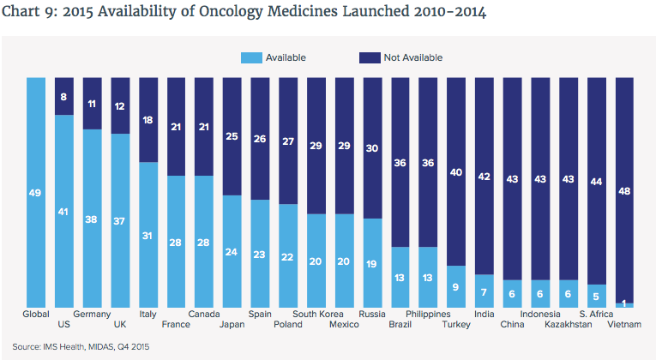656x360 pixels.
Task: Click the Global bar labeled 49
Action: click(x=36, y=193)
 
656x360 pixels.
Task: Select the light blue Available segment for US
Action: click(x=64, y=210)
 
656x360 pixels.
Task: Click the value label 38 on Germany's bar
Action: click(x=92, y=219)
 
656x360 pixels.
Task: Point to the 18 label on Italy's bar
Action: click(x=148, y=120)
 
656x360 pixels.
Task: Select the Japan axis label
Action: click(x=232, y=325)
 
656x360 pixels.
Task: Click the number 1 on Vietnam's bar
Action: click(x=625, y=301)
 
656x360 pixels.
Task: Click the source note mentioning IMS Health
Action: click(x=75, y=346)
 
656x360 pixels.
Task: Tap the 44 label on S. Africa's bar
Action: click(x=597, y=182)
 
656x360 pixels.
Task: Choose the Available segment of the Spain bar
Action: click(x=260, y=254)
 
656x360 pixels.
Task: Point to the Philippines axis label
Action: click(x=428, y=315)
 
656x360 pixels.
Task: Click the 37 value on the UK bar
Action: click(x=120, y=221)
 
